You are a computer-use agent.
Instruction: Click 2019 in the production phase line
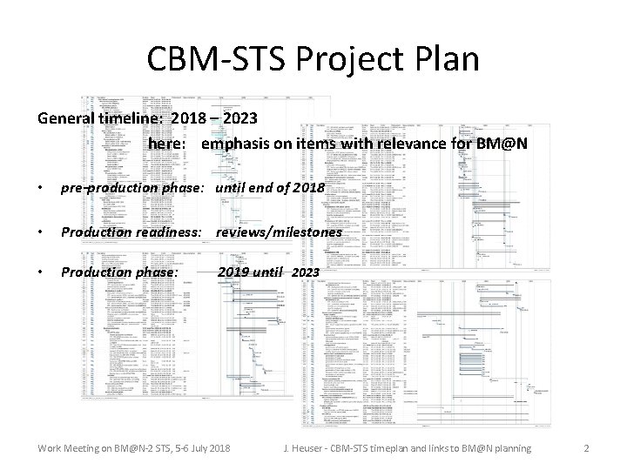point(233,272)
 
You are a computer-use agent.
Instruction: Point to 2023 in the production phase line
point(306,273)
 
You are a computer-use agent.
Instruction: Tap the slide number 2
point(586,448)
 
